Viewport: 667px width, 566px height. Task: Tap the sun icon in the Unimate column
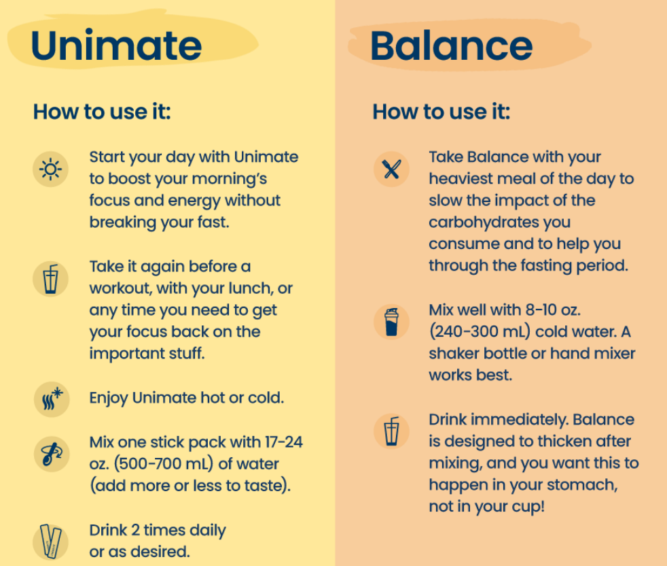51,168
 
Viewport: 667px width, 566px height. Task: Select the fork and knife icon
391,169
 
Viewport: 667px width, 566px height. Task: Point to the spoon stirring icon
51,453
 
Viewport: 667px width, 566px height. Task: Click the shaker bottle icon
391,322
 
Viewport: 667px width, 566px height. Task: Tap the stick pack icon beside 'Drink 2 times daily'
51,541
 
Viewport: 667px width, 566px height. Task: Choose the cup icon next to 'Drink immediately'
391,431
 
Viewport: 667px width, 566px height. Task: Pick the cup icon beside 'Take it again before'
51,278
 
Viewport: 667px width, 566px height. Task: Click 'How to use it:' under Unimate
102,112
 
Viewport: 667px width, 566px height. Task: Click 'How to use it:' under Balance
441,112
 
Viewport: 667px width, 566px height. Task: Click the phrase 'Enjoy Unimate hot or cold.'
187,398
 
